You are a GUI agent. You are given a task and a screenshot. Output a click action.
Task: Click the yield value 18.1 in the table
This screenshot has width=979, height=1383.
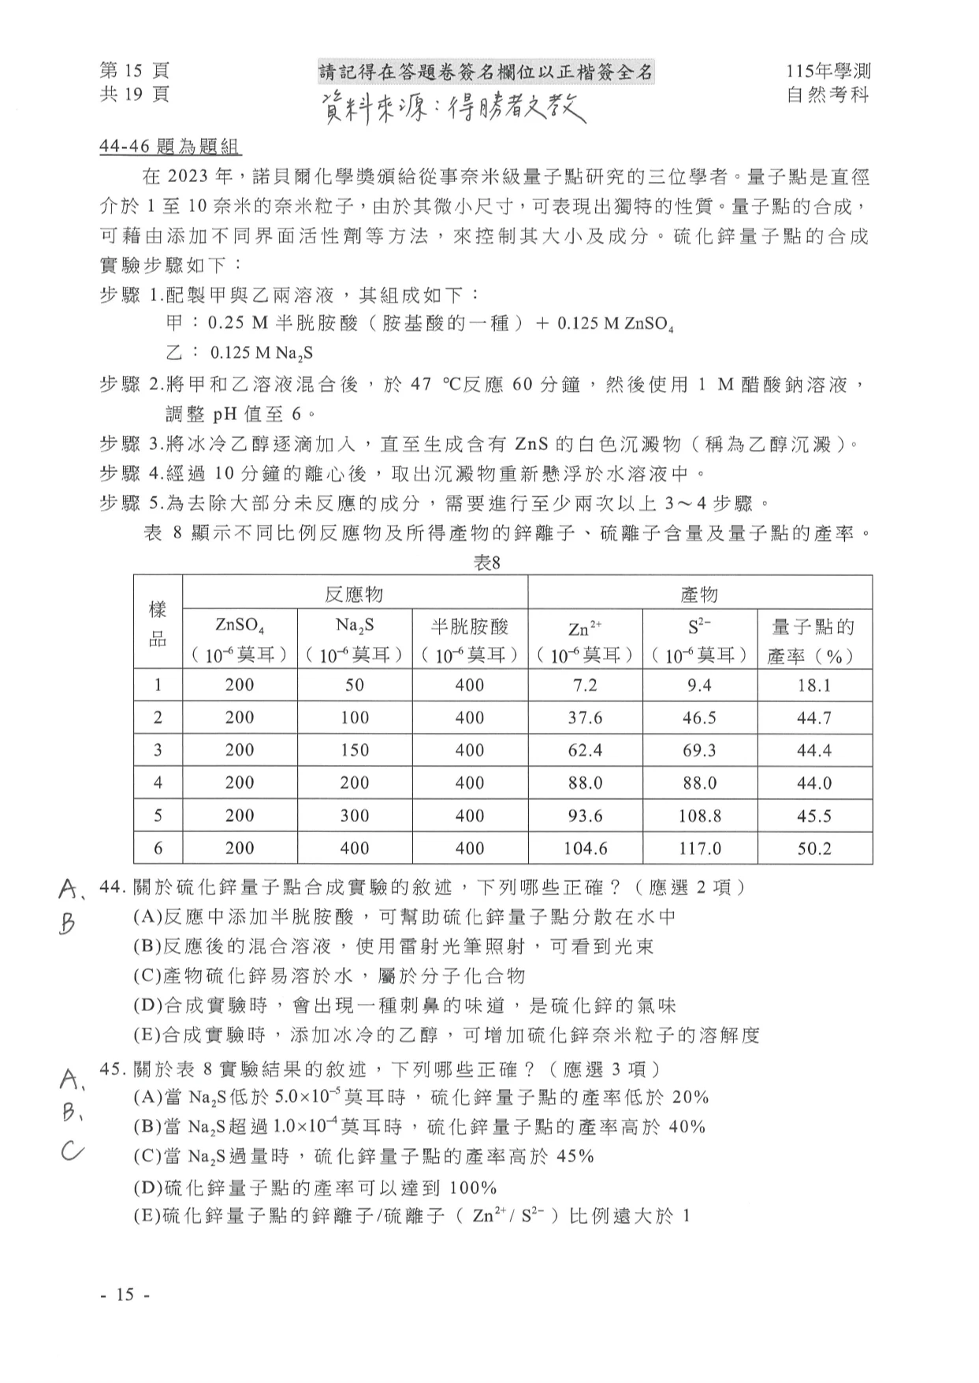point(814,686)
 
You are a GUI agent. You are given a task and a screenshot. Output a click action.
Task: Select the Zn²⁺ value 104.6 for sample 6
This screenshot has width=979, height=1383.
point(585,849)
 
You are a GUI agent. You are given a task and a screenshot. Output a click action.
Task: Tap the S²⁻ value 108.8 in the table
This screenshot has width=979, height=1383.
point(699,816)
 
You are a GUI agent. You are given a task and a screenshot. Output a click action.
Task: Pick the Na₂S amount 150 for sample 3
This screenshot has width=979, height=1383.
point(355,750)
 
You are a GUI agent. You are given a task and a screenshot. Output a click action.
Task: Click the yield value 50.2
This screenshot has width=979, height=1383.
point(814,849)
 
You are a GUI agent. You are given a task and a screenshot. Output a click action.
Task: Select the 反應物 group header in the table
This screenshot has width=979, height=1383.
point(355,593)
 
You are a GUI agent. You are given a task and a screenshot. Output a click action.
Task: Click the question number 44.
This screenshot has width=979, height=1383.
point(113,887)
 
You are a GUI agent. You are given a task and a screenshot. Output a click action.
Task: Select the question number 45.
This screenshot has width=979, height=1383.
point(113,1069)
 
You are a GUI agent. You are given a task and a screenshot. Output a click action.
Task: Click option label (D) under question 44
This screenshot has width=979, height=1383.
point(147,1006)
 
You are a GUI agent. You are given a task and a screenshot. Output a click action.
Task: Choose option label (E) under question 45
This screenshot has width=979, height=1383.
point(147,1216)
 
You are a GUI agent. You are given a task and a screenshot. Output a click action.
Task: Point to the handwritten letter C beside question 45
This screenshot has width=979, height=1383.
point(71,1152)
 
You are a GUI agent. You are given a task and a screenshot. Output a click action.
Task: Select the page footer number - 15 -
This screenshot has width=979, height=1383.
point(125,1295)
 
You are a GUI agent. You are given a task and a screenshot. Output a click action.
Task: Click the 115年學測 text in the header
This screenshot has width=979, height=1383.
point(828,72)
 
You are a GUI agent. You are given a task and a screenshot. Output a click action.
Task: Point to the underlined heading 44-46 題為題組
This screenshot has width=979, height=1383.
point(170,147)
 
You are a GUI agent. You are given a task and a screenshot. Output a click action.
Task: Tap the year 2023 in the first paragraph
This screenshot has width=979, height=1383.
point(193,177)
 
